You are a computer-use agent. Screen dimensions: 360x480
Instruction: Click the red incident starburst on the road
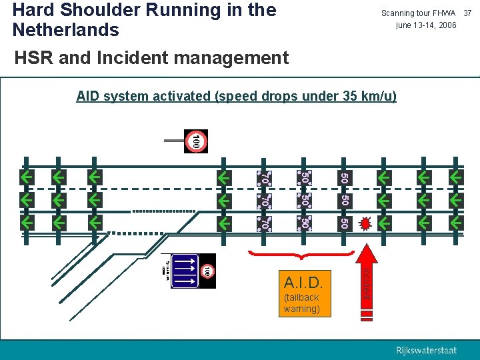(365, 222)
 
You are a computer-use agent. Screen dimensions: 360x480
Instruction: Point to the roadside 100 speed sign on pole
(195, 141)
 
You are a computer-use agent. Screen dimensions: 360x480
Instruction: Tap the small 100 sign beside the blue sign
(207, 271)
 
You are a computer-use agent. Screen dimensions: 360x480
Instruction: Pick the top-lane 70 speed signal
(265, 178)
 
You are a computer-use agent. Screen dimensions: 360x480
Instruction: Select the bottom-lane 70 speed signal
(265, 222)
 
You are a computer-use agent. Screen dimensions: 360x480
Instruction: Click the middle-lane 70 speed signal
(265, 200)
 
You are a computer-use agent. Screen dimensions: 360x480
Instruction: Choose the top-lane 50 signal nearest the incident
(343, 178)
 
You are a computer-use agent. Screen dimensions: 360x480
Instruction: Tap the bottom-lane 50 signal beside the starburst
(343, 222)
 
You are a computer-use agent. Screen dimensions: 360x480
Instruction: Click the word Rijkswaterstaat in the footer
(427, 350)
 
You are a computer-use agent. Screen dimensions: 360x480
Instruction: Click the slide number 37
(467, 13)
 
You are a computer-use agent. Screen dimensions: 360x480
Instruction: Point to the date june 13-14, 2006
(426, 25)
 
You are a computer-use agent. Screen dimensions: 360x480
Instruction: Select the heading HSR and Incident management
(151, 58)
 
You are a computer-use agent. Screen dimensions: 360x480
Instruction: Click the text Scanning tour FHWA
(418, 13)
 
